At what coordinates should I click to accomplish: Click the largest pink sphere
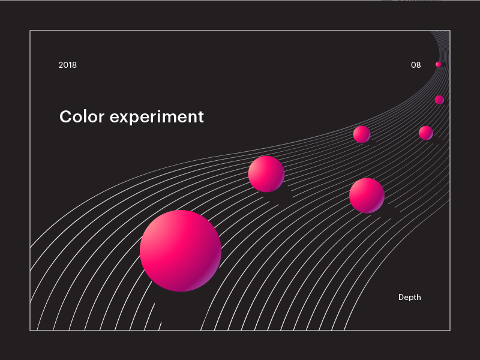pyautogui.click(x=181, y=251)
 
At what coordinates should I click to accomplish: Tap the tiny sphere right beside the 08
pyautogui.click(x=439, y=64)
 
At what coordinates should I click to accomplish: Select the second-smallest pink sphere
pyautogui.click(x=439, y=100)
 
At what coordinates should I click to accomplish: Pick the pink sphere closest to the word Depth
pyautogui.click(x=367, y=195)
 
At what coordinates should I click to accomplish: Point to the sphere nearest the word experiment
pyautogui.click(x=266, y=173)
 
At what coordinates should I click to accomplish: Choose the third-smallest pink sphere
pyautogui.click(x=426, y=133)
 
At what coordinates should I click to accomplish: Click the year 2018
pyautogui.click(x=68, y=65)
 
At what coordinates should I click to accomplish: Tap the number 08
pyautogui.click(x=416, y=65)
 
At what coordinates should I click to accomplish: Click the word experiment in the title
pyautogui.click(x=157, y=117)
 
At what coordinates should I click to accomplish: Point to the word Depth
pyautogui.click(x=410, y=297)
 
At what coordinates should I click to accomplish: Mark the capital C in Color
pyautogui.click(x=65, y=116)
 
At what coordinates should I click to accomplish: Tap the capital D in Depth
pyautogui.click(x=401, y=297)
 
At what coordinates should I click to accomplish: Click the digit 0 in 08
pyautogui.click(x=413, y=65)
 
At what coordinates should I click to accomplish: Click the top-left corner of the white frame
pyautogui.click(x=30, y=31)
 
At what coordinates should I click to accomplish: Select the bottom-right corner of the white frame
pyautogui.click(x=449, y=330)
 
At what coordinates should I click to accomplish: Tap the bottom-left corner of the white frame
pyautogui.click(x=30, y=330)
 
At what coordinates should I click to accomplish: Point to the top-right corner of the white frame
pyautogui.click(x=449, y=31)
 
